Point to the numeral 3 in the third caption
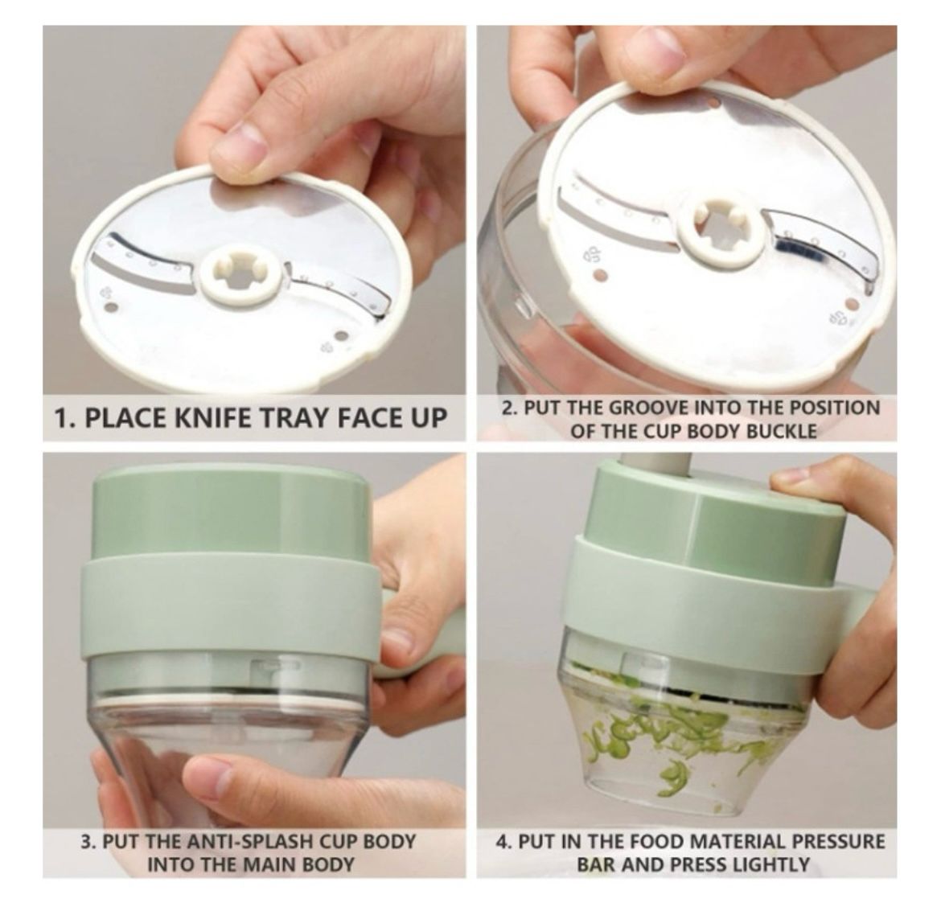(x=86, y=841)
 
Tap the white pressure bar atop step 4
(x=657, y=464)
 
